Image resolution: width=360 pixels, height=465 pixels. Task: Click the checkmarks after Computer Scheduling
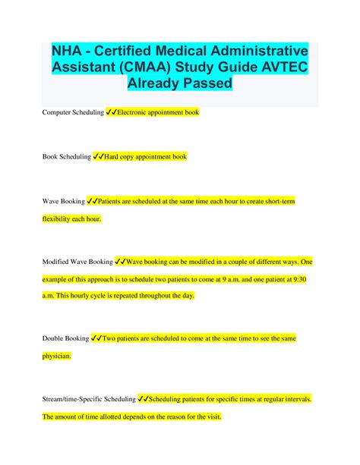pos(112,112)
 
